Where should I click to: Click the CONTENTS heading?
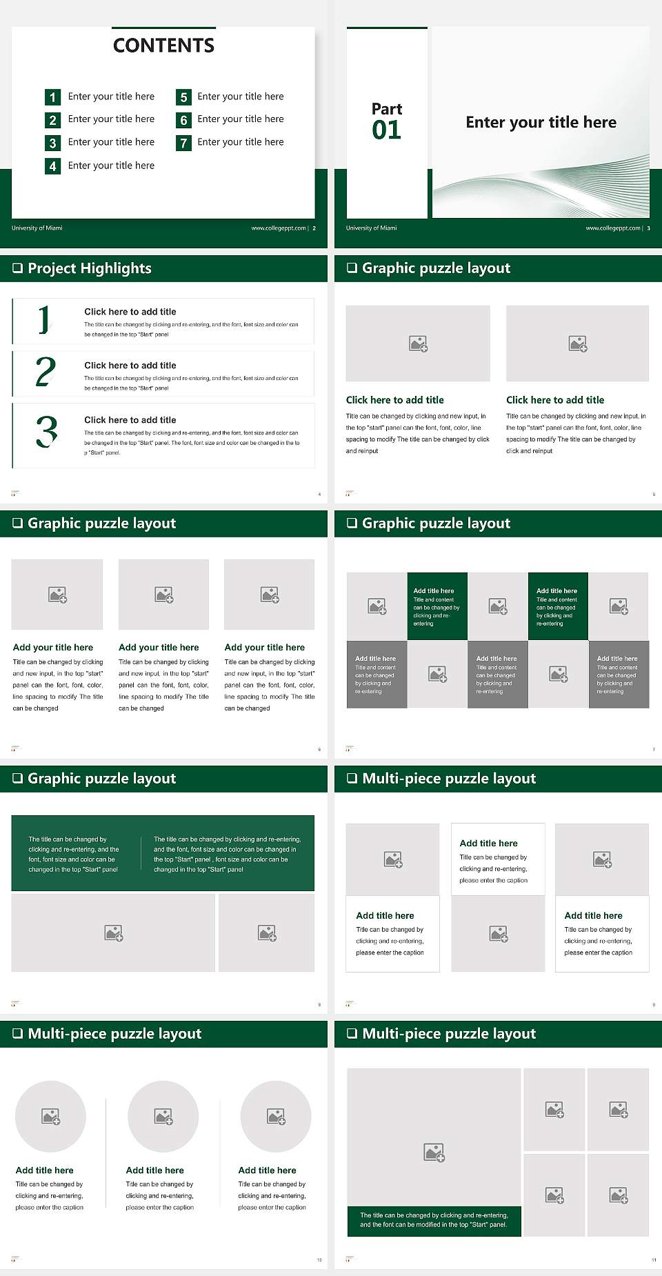click(163, 46)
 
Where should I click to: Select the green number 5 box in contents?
click(183, 97)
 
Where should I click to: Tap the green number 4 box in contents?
click(52, 166)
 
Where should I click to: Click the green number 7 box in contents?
click(183, 143)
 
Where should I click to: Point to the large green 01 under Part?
click(386, 130)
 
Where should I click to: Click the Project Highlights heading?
click(90, 268)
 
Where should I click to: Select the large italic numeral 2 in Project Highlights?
click(46, 372)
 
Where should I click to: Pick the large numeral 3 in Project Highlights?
click(46, 432)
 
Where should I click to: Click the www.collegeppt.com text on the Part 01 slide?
click(612, 228)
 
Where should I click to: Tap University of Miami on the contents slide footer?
click(37, 228)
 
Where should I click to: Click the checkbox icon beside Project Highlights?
click(17, 268)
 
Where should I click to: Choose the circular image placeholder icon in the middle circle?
click(163, 1116)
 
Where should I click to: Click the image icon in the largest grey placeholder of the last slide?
click(434, 1153)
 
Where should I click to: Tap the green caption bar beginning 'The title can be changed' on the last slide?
click(434, 1220)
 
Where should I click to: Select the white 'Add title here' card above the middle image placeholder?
click(498, 859)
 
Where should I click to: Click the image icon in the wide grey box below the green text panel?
click(114, 933)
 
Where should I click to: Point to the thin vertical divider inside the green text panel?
click(141, 854)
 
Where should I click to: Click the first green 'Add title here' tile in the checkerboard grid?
click(437, 606)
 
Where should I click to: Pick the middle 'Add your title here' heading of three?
click(159, 648)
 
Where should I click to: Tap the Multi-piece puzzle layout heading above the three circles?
click(114, 1034)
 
